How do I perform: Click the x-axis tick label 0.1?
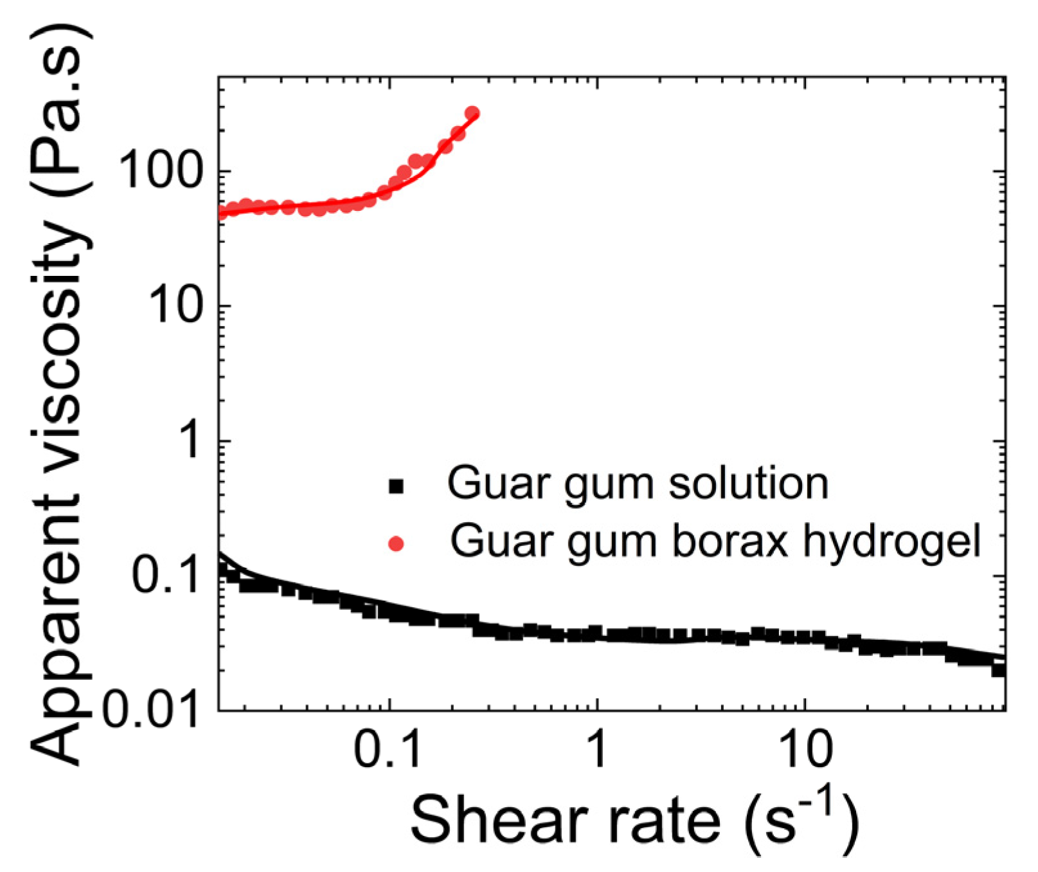[388, 749]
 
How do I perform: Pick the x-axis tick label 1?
[597, 749]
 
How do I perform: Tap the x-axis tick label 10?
[805, 749]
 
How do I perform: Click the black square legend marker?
[397, 486]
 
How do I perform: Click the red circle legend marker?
[397, 544]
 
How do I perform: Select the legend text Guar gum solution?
[638, 484]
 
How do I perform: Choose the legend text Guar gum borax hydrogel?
[715, 541]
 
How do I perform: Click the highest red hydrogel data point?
[472, 114]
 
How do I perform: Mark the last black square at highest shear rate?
[998, 669]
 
